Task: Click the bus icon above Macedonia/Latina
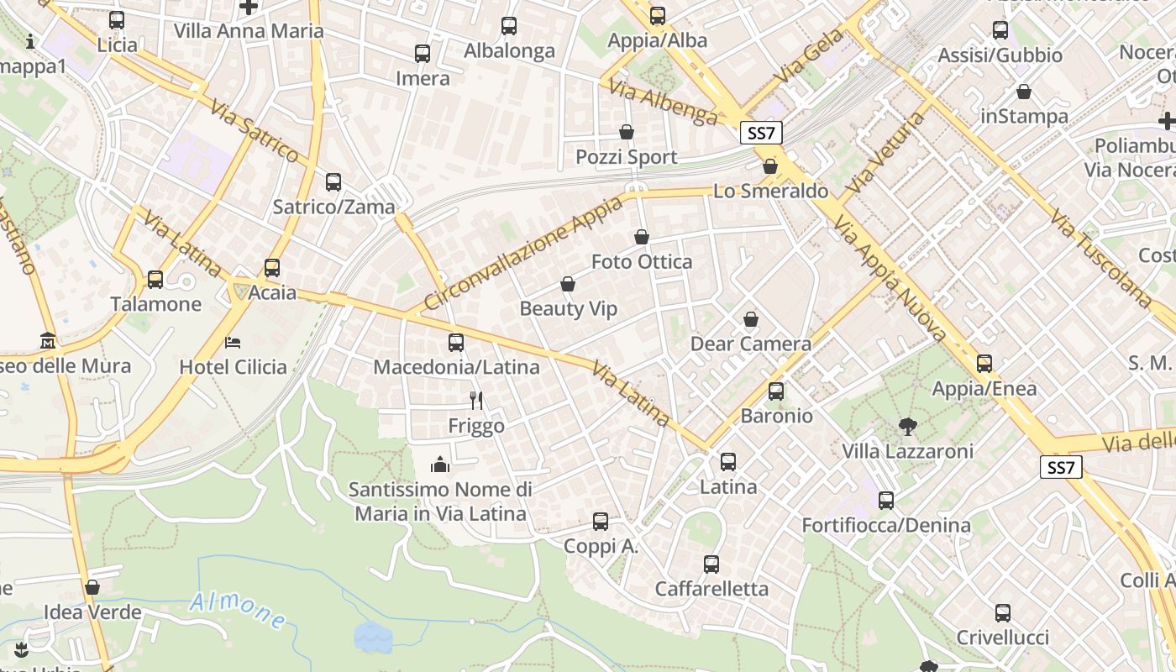[x=456, y=343]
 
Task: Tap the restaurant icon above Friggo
[x=476, y=401]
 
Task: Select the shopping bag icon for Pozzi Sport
[x=627, y=132]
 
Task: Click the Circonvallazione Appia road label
[x=524, y=253]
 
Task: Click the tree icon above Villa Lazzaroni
[x=907, y=427]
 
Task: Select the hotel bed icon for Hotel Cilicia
[x=233, y=342]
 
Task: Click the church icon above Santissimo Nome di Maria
[x=440, y=465]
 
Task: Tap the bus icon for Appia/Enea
[x=984, y=364]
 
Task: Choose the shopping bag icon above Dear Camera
[x=751, y=319]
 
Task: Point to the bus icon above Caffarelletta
[x=711, y=564]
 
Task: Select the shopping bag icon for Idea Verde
[x=92, y=587]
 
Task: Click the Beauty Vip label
[x=568, y=309]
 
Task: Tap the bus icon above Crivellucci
[x=1002, y=613]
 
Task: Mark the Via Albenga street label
[x=664, y=102]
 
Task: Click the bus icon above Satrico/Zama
[x=333, y=182]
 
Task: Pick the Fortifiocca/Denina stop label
[x=886, y=526]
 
